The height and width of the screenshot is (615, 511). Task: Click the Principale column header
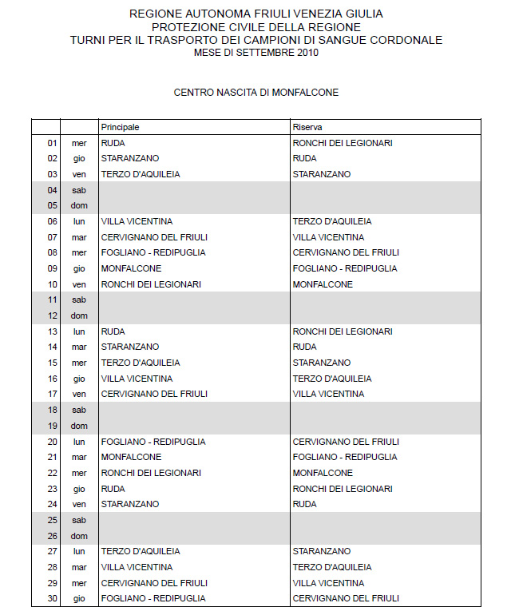[x=121, y=127]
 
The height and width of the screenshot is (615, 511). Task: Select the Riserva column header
[x=307, y=127]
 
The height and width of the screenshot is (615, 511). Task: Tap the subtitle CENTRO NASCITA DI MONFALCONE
[x=256, y=93]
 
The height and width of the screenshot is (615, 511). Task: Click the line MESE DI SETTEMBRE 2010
[x=256, y=53]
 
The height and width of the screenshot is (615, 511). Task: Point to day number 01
[x=53, y=143]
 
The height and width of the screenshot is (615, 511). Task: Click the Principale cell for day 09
[x=132, y=268]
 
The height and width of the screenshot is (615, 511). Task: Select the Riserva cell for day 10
[x=323, y=284]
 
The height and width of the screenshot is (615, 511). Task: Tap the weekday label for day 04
[x=78, y=190]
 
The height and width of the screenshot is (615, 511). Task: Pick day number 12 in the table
[x=53, y=315]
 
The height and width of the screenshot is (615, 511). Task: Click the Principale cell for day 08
[x=153, y=252]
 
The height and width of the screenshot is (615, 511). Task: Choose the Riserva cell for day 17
[x=328, y=394]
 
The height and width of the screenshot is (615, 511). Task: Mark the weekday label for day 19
[x=78, y=426]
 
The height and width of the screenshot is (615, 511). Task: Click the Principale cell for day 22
[x=151, y=473]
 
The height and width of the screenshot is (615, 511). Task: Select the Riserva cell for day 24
[x=304, y=504]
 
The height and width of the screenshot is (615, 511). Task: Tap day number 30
[x=53, y=598]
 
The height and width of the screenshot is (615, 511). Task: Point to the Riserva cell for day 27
[x=322, y=551]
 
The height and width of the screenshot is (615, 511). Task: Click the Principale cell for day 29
[x=154, y=583]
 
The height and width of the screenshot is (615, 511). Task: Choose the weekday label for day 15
[x=78, y=363]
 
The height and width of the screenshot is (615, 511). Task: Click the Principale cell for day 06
[x=137, y=221]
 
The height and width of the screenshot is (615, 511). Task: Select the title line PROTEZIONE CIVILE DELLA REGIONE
[x=256, y=27]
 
